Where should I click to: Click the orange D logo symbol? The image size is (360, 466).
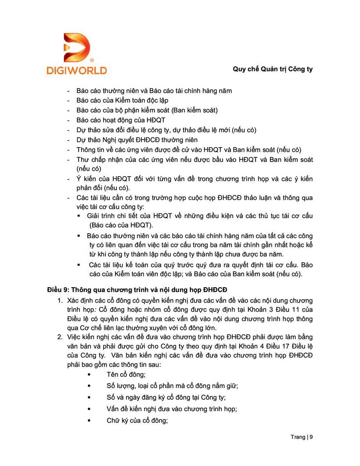pyautogui.click(x=76, y=47)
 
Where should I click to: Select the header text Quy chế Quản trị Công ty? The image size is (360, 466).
pyautogui.click(x=272, y=69)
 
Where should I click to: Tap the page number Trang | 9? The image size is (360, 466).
pyautogui.click(x=302, y=437)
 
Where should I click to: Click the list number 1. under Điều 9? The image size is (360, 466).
pyautogui.click(x=60, y=300)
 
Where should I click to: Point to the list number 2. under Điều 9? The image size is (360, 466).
pyautogui.click(x=60, y=337)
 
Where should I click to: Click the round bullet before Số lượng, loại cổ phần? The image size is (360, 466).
pyautogui.click(x=90, y=386)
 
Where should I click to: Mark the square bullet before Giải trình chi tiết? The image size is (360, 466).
pyautogui.click(x=79, y=216)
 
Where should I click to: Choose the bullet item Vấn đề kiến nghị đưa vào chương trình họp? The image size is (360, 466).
pyautogui.click(x=172, y=409)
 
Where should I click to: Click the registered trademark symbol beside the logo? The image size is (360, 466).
pyautogui.click(x=91, y=59)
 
